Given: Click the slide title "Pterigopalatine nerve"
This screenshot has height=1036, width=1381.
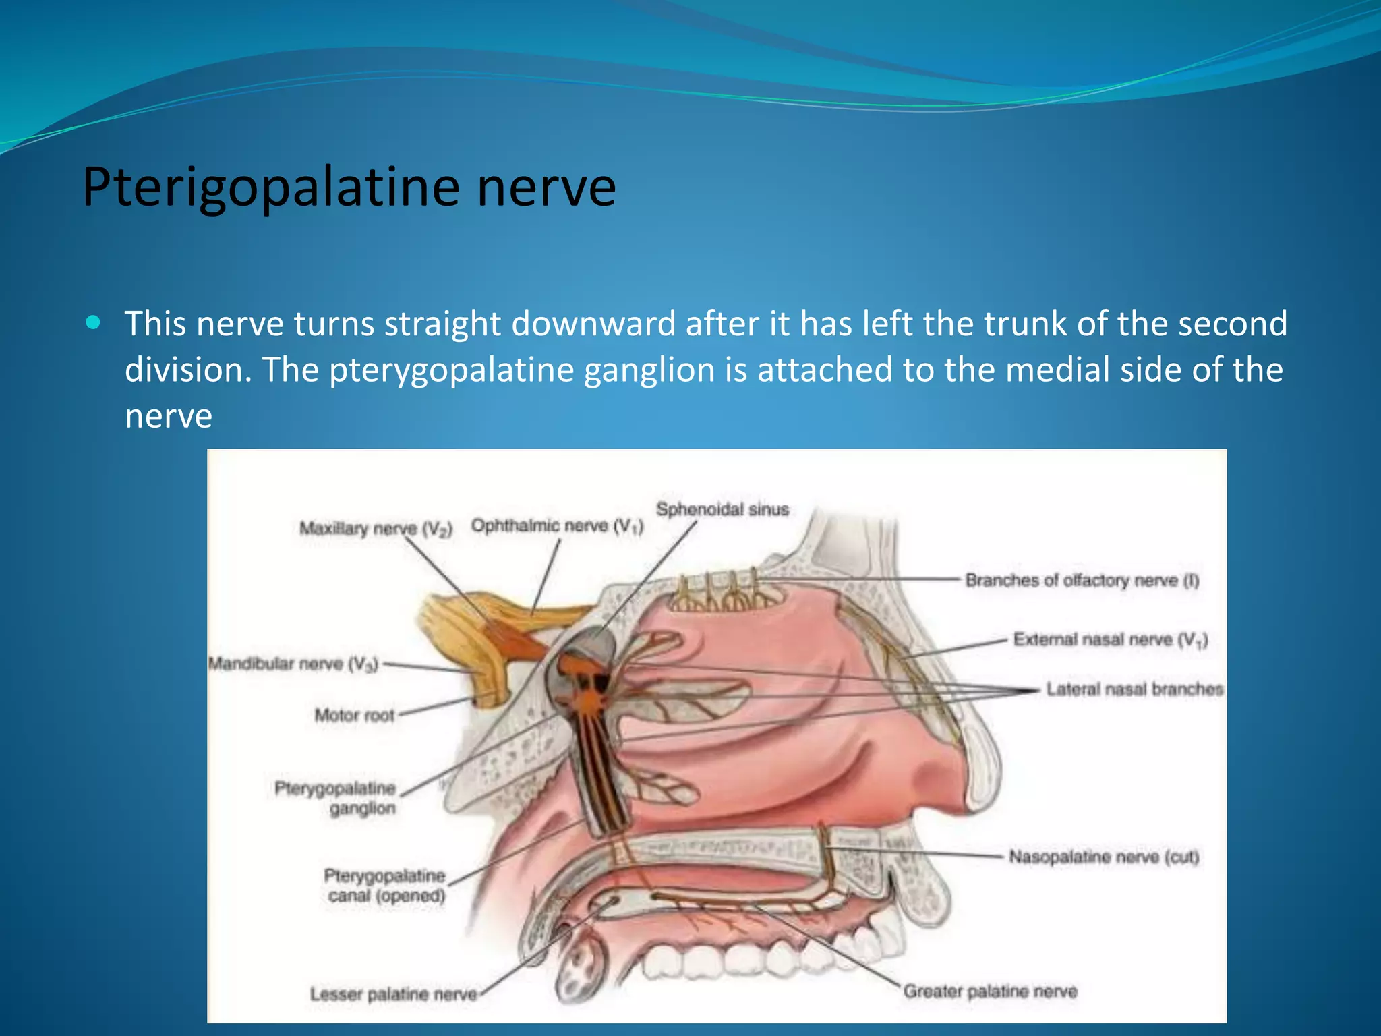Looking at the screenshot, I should coord(349,187).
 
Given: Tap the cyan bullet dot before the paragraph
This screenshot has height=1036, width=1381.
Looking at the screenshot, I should coord(94,322).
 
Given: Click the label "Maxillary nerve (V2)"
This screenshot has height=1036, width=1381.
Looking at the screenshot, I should coord(376,528).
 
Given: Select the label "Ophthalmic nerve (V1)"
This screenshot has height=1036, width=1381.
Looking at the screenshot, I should coord(557,525).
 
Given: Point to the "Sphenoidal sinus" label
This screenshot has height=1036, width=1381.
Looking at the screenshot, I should coord(722,509).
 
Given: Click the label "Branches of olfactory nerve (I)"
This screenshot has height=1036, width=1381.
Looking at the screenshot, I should coord(1082,580).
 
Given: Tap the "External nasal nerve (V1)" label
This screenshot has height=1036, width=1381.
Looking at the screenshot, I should coord(1110,639).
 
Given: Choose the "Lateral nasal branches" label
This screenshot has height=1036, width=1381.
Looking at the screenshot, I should coord(1134,689).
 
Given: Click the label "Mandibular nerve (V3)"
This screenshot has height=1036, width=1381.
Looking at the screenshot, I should coord(293,664).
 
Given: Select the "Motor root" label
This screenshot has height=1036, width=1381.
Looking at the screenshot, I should coord(354,715).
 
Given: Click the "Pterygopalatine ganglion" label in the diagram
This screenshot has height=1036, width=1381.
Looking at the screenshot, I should coord(336,798).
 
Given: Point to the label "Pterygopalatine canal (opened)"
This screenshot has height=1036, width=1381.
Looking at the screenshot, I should coord(385,886).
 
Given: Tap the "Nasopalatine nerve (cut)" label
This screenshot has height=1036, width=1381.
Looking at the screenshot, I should coord(1104,857).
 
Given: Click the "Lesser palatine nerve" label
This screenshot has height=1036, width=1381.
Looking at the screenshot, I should coord(393,994).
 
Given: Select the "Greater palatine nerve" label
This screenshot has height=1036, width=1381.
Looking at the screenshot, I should coord(990,991).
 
